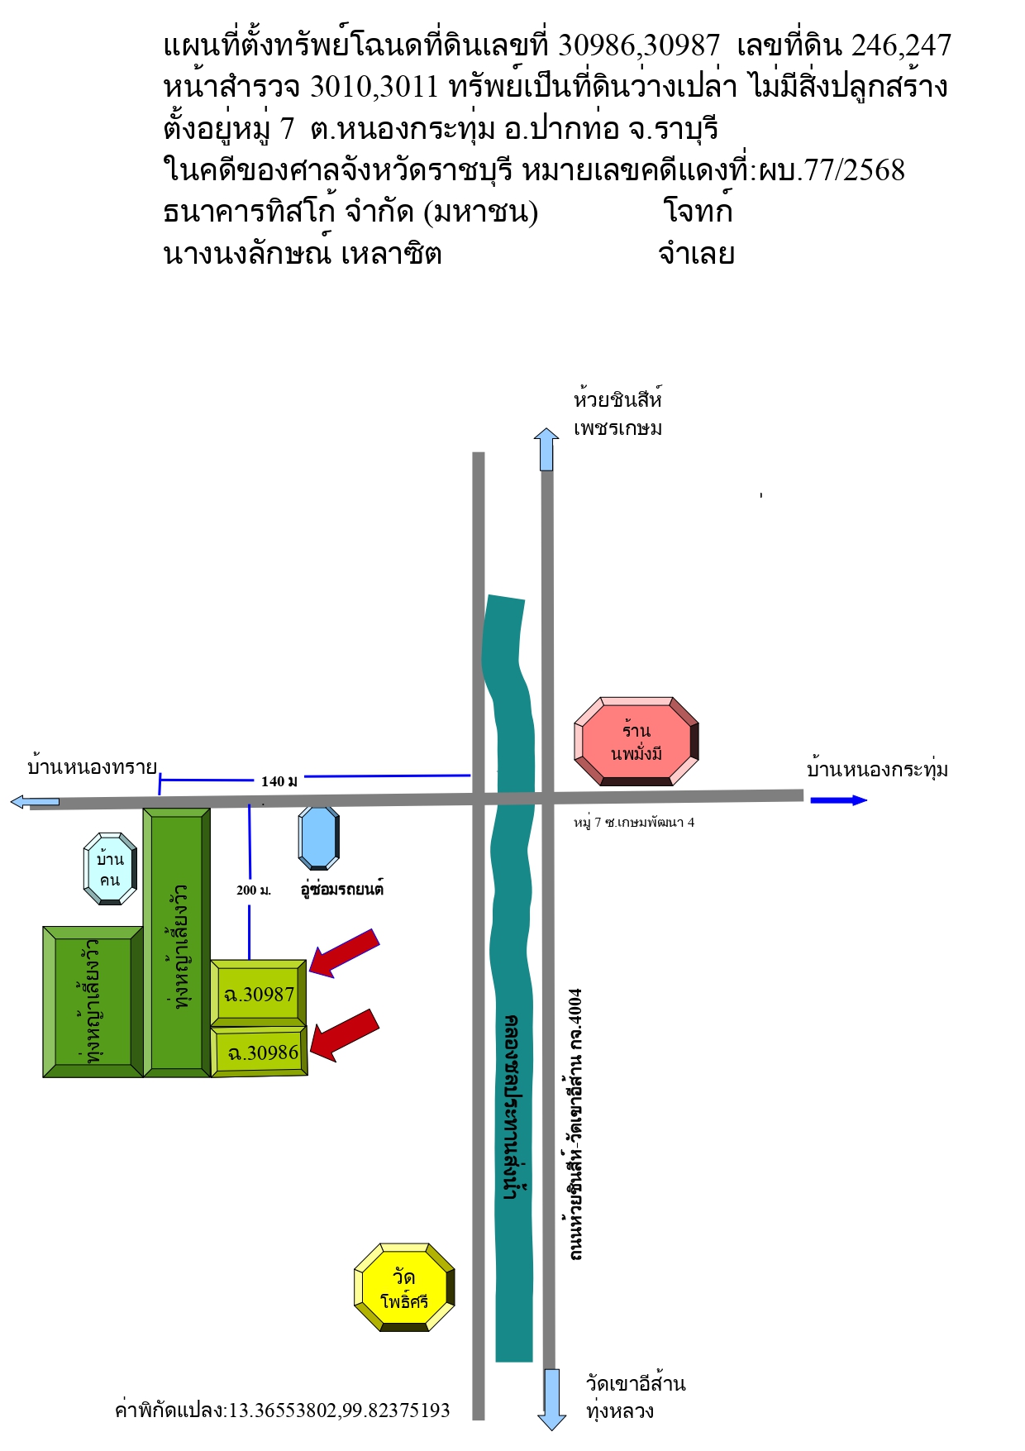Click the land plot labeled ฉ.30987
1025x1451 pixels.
click(x=259, y=993)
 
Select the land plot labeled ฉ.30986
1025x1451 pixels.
click(x=260, y=1052)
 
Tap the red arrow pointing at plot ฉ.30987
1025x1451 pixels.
click(x=345, y=953)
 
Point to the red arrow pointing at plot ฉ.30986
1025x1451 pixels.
click(x=345, y=1034)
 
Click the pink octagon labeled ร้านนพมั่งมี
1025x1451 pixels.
click(x=636, y=741)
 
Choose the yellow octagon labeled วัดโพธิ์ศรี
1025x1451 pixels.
click(x=404, y=1287)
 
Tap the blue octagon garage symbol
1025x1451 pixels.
click(x=318, y=838)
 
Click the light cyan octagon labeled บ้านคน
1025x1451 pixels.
click(x=110, y=869)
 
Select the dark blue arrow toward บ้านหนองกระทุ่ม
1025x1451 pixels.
click(x=838, y=799)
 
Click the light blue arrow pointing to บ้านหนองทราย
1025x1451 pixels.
click(x=35, y=801)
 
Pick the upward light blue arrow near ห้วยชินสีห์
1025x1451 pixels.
click(x=546, y=449)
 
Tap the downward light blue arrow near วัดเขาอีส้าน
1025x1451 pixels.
click(x=551, y=1399)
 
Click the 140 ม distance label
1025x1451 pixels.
click(x=279, y=780)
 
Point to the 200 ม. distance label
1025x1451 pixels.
click(x=253, y=890)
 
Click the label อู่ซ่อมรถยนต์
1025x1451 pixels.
click(x=341, y=890)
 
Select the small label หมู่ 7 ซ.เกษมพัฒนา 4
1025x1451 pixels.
click(x=634, y=822)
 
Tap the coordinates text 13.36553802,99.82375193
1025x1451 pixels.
click(x=339, y=1410)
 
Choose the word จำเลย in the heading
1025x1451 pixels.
click(x=696, y=253)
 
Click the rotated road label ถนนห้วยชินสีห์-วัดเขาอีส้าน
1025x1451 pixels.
click(x=575, y=1124)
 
